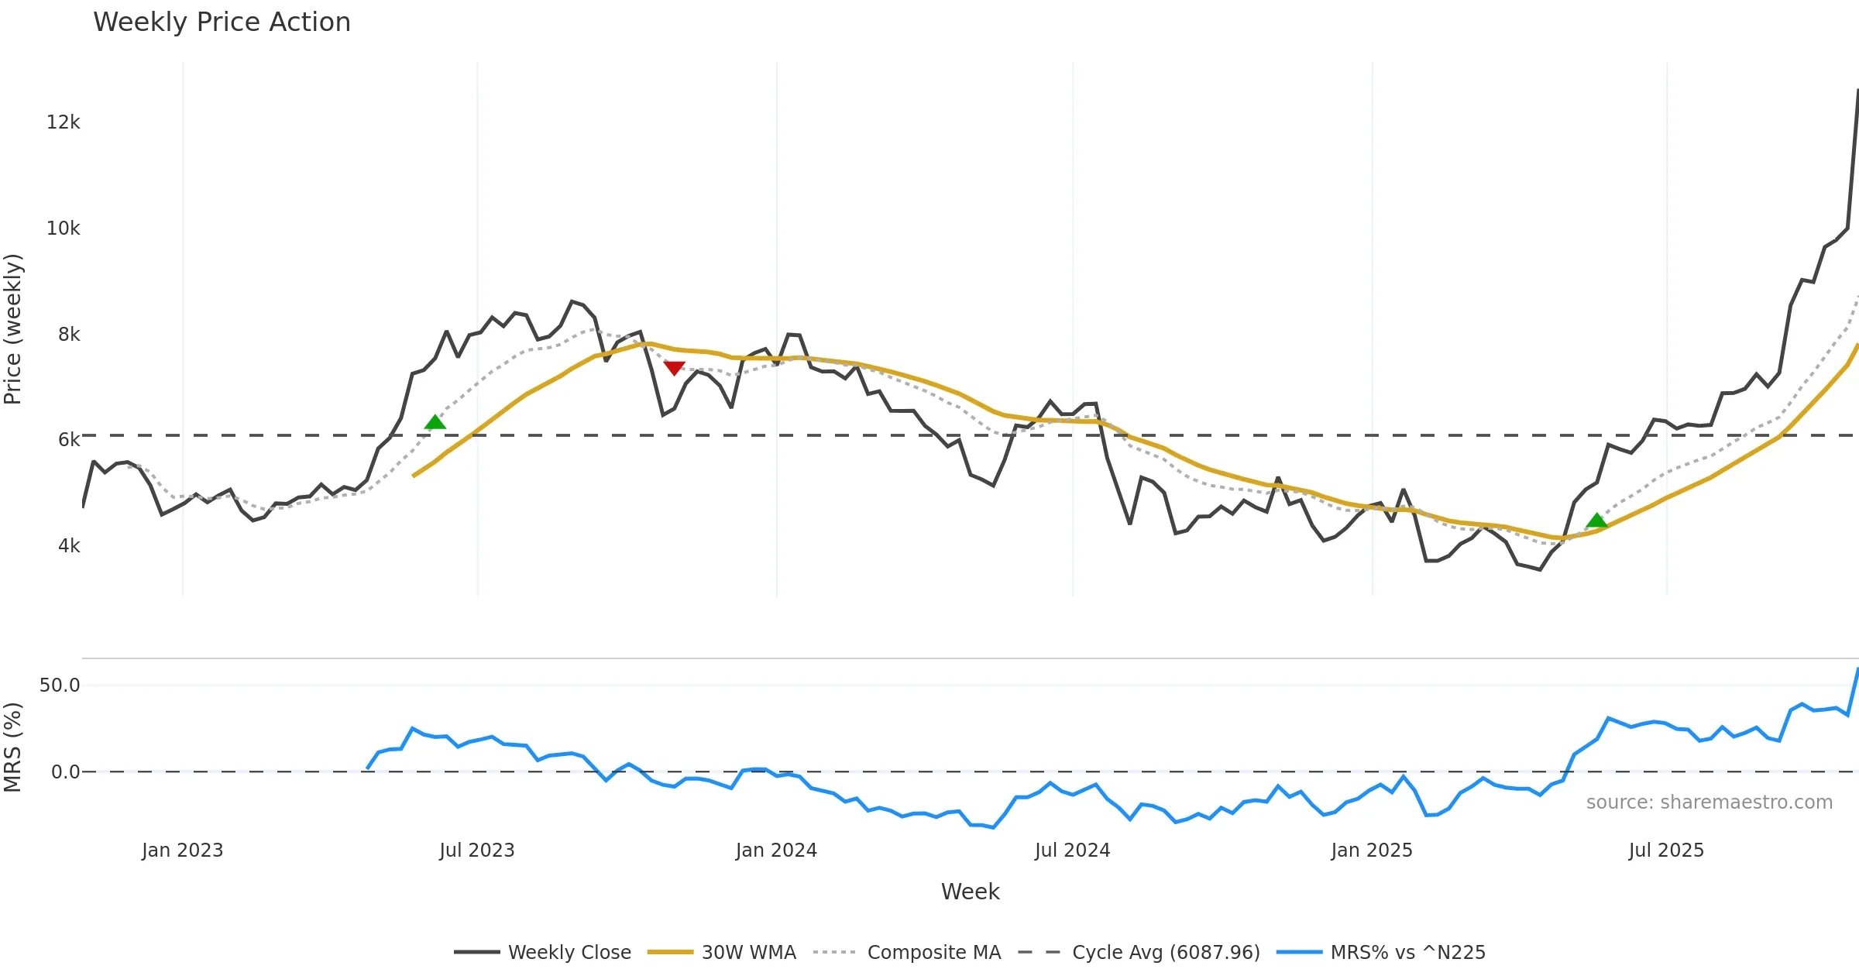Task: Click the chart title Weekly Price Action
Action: (222, 22)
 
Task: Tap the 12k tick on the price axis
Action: (63, 122)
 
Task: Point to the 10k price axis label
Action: (63, 229)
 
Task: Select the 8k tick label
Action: (68, 335)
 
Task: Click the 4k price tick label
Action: (68, 546)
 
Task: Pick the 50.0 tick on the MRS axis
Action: (60, 686)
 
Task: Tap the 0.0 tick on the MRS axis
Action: (65, 772)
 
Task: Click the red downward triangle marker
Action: (674, 368)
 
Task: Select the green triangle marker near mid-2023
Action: (435, 422)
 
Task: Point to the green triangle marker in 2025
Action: (1596, 521)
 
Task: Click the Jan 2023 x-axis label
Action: (182, 851)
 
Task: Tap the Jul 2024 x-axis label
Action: (1072, 851)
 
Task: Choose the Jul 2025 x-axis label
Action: (1666, 851)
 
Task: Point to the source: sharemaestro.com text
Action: (1709, 802)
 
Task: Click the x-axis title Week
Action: (970, 892)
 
